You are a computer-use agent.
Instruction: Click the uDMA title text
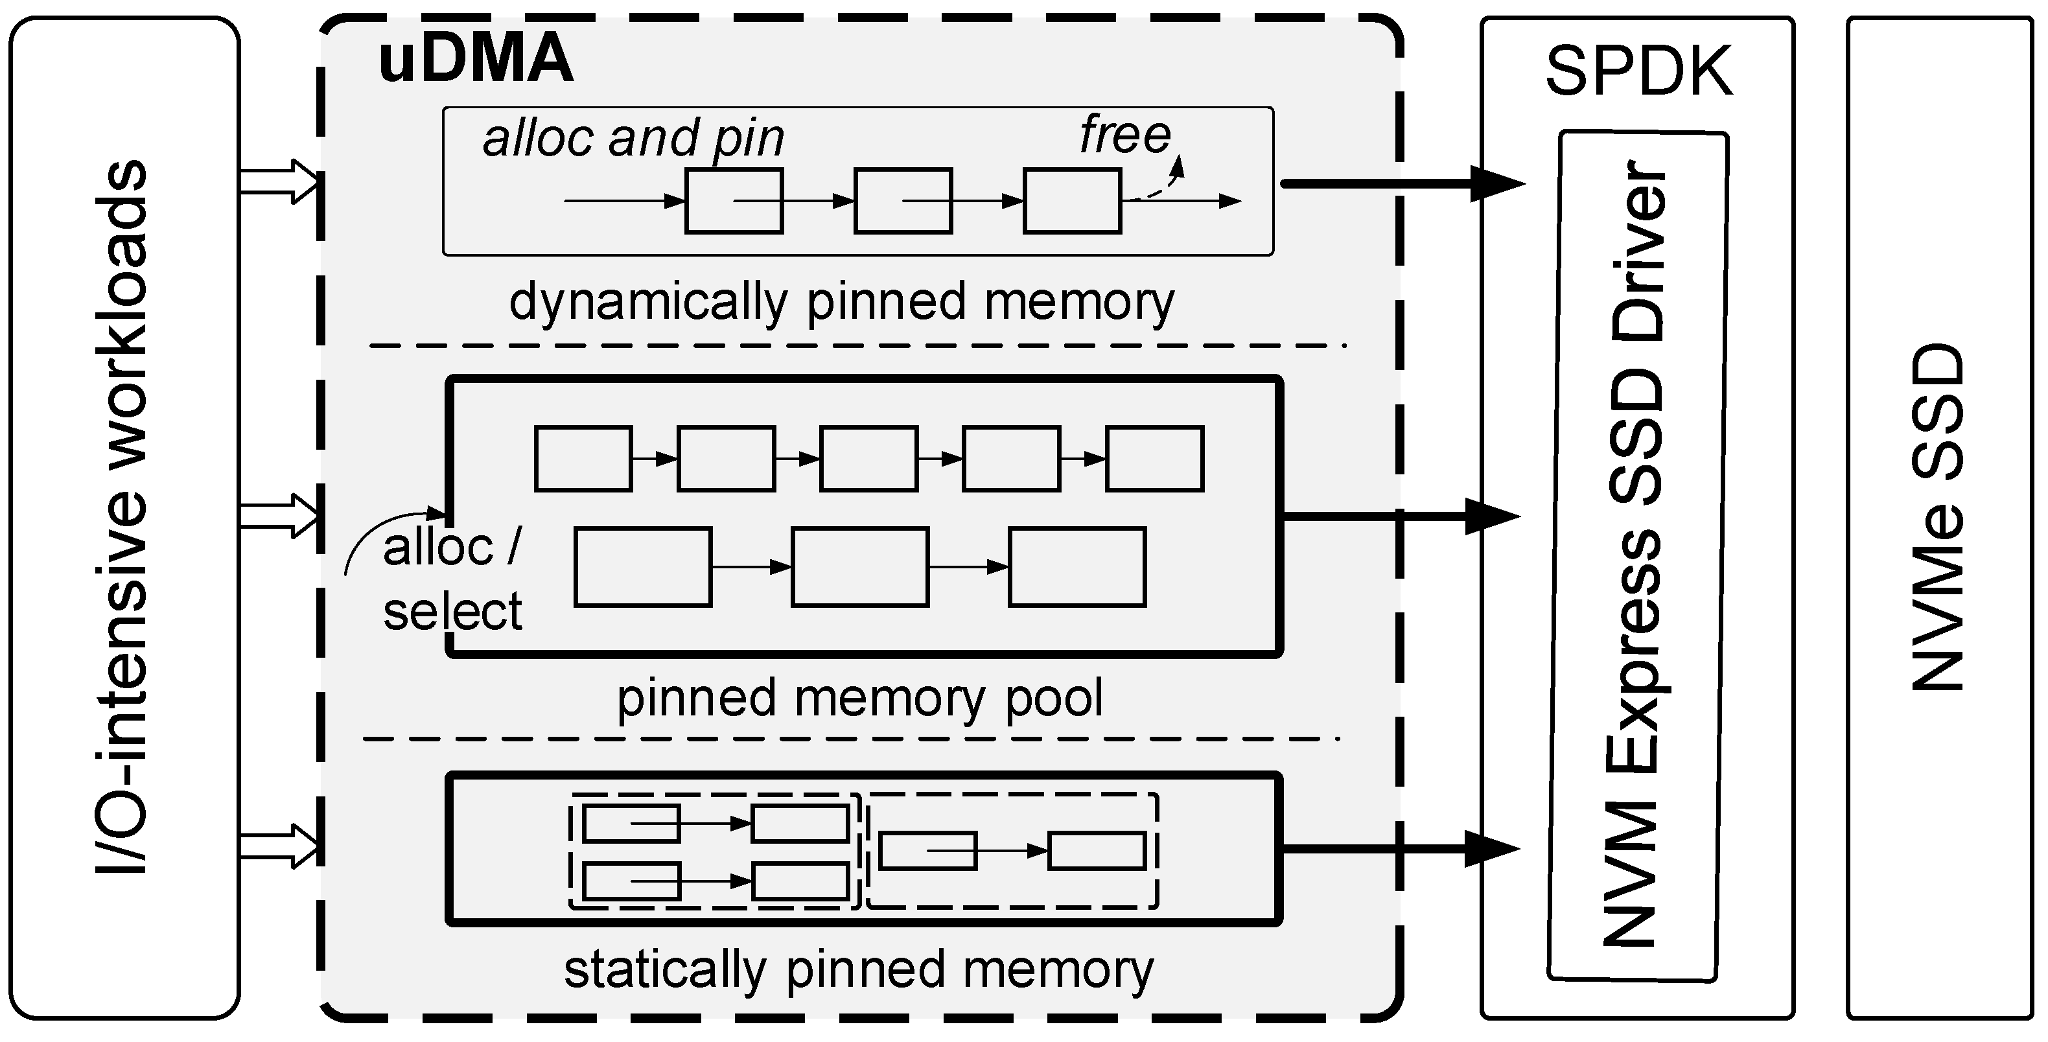coord(476,60)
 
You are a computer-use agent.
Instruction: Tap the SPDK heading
coord(1638,71)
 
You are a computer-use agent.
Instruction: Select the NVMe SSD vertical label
coord(1937,516)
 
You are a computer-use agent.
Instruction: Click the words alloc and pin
coord(634,137)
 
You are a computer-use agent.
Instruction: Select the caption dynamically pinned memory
coord(841,302)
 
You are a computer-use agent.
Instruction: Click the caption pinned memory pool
coord(859,697)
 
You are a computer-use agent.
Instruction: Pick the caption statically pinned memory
coord(859,969)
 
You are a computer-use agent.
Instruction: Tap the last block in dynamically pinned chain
coord(1072,200)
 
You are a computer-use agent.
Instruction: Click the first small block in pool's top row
coord(583,459)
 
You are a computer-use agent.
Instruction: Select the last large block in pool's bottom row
coord(1076,567)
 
